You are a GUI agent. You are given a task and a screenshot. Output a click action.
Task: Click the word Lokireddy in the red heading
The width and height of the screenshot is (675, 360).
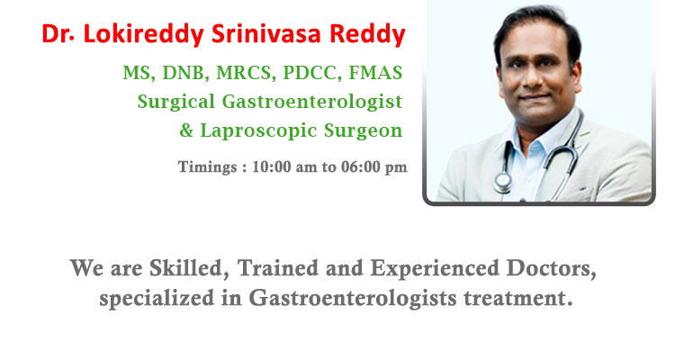click(x=143, y=34)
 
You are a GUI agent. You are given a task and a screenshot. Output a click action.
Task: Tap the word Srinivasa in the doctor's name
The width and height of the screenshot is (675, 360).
click(x=266, y=33)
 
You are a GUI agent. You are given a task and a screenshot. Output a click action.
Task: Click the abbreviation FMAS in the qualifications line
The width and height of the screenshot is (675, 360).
click(x=375, y=72)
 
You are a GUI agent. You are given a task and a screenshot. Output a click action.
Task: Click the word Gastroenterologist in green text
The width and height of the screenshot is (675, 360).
click(x=312, y=103)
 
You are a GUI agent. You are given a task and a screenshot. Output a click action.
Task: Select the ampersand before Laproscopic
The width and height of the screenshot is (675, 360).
click(x=186, y=130)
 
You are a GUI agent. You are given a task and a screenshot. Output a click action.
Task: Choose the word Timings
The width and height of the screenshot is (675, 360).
click(x=208, y=167)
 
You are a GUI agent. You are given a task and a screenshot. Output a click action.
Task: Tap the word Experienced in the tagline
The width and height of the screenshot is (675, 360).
click(x=435, y=269)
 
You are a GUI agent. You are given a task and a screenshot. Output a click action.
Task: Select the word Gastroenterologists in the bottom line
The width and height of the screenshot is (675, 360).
click(x=353, y=298)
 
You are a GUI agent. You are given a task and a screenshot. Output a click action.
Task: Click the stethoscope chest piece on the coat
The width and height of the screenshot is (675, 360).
click(x=502, y=182)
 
